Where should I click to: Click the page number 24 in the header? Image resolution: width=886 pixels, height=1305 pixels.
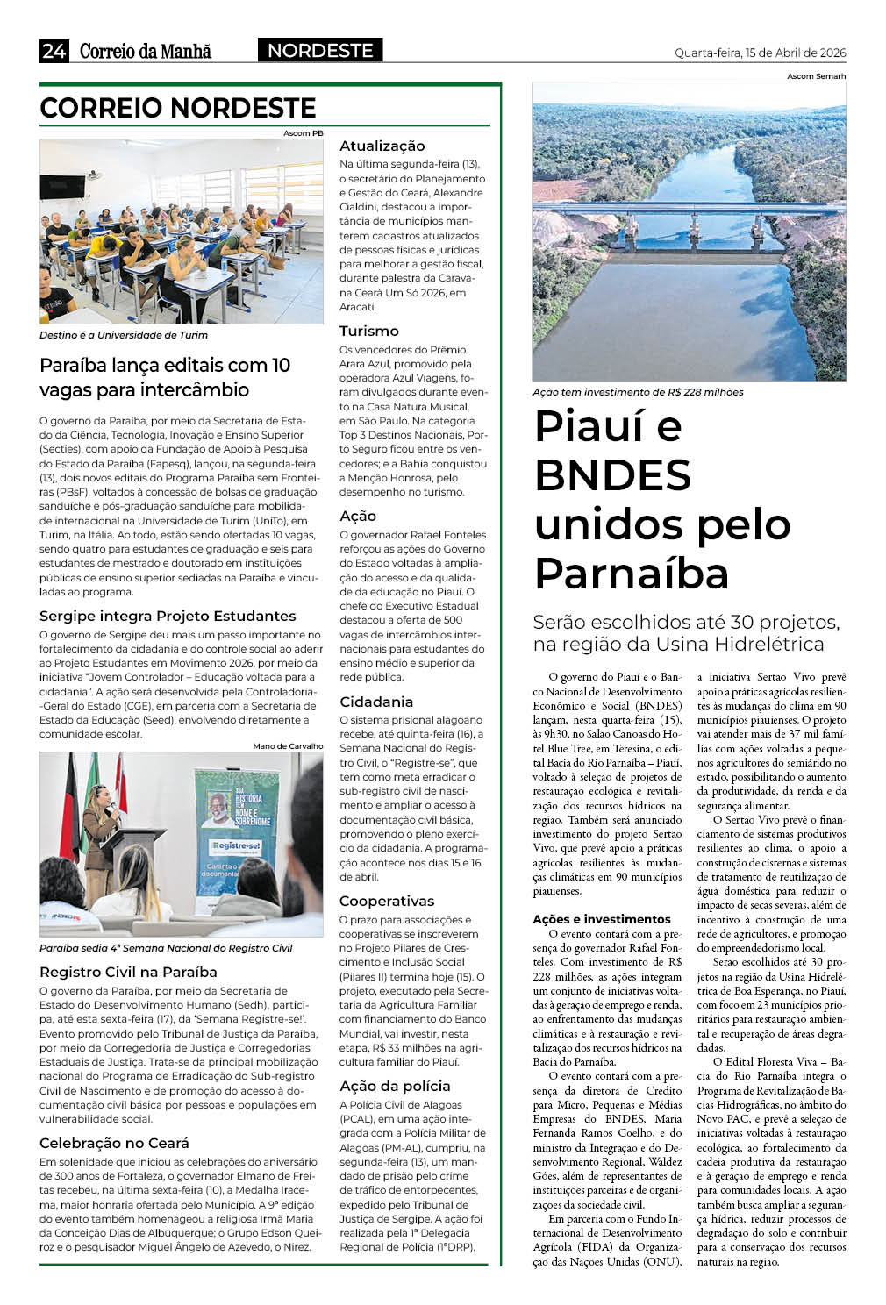coord(54,51)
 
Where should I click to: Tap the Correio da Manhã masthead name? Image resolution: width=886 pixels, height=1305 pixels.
coord(146,51)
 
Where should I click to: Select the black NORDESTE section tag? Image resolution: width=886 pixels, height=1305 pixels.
coord(320,51)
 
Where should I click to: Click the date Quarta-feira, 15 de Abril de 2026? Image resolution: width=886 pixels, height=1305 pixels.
coord(760,53)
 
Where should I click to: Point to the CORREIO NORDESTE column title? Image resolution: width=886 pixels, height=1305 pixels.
coord(178,108)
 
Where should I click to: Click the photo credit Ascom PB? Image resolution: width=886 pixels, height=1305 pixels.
coord(304,133)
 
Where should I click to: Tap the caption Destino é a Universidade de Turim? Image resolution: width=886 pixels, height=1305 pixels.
coord(124,335)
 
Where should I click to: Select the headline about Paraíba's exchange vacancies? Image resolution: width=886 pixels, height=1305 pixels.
coord(165,377)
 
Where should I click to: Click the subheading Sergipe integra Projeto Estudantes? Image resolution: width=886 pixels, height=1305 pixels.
coord(168,616)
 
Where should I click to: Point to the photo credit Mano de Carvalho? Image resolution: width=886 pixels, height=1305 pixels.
coord(288,746)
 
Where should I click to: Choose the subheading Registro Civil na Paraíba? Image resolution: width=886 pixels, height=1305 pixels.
coord(128,972)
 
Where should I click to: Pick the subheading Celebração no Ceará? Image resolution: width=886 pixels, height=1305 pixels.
coord(114,1143)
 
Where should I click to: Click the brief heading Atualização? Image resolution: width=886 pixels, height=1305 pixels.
coord(382,146)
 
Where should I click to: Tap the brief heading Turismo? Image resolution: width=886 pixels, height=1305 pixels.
coord(368,331)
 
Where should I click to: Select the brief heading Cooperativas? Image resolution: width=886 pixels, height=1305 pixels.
coord(387,901)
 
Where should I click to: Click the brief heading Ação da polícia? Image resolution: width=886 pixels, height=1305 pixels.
coord(395,1086)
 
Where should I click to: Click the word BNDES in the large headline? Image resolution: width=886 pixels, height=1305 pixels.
coord(612,475)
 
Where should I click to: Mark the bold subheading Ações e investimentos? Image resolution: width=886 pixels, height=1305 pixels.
coord(602,919)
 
